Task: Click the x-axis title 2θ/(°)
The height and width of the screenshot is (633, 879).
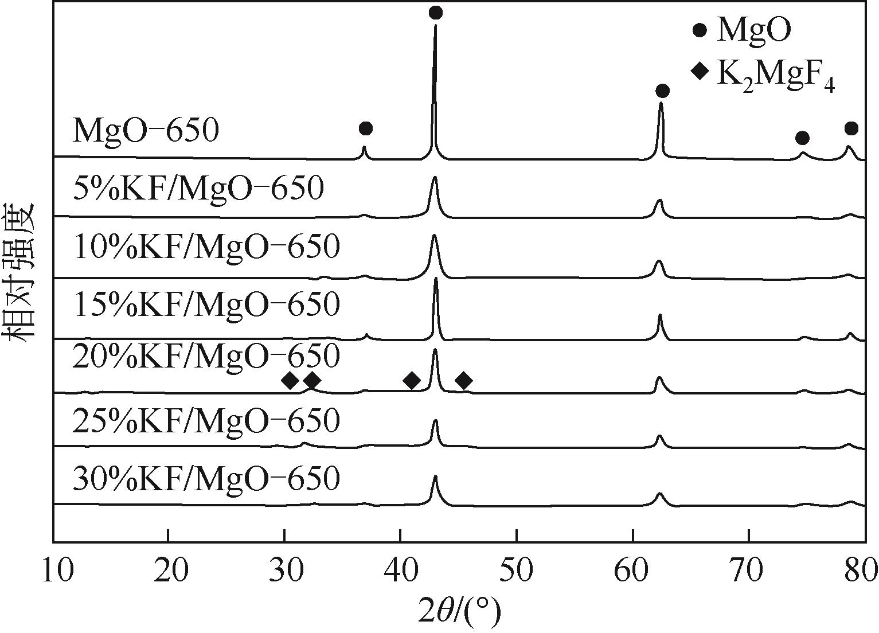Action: [x=459, y=611]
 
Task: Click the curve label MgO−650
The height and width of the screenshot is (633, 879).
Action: [x=146, y=131]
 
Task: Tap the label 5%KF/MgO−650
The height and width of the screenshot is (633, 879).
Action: [x=198, y=189]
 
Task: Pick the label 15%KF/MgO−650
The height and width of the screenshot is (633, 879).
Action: [x=206, y=304]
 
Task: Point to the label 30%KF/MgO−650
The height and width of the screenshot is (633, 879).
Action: [x=206, y=479]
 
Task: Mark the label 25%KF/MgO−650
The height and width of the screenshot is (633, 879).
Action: [x=206, y=421]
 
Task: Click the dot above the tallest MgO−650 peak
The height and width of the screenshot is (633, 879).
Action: [x=436, y=13]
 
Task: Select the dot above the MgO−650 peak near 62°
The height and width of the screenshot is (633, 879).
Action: [x=662, y=91]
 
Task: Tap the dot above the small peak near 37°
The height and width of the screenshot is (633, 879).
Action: [x=365, y=128]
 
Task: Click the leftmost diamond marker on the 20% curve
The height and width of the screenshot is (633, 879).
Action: [x=290, y=380]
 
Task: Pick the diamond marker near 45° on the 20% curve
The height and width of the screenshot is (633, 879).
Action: [x=464, y=380]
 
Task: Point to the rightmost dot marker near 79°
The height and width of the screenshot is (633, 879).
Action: [x=851, y=128]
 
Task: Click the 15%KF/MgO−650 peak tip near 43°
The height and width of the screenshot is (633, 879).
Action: [x=436, y=279]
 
